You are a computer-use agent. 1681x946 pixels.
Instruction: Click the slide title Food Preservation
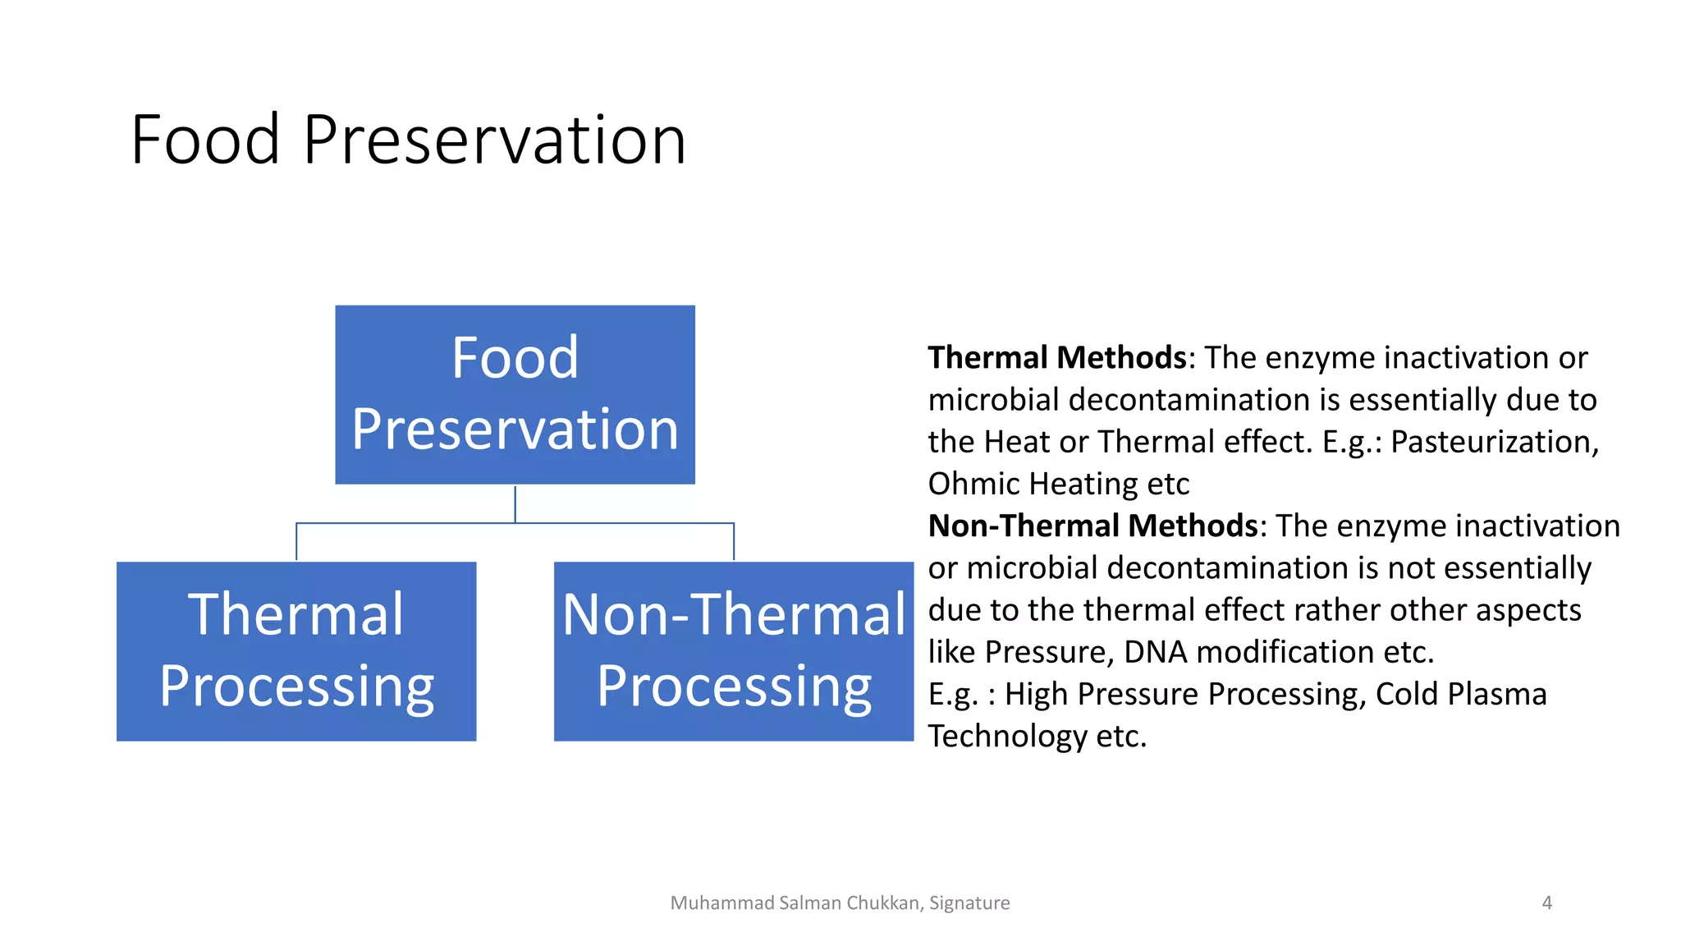pyautogui.click(x=408, y=140)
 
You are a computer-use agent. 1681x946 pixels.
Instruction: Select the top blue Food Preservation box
pyautogui.click(x=515, y=394)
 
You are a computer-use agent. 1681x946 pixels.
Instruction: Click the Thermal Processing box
pyautogui.click(x=296, y=650)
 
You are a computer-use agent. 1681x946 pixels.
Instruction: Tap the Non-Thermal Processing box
pyautogui.click(x=733, y=650)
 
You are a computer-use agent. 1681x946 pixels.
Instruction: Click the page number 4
pyautogui.click(x=1546, y=902)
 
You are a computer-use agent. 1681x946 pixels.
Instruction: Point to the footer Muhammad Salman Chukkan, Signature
pyautogui.click(x=840, y=902)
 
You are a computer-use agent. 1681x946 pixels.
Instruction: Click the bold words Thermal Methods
pyautogui.click(x=1056, y=358)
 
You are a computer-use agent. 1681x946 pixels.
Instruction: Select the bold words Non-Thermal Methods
pyautogui.click(x=1092, y=526)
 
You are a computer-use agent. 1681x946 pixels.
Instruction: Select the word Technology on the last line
pyautogui.click(x=1007, y=736)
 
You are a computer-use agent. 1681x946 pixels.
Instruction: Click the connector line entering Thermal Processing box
pyautogui.click(x=296, y=542)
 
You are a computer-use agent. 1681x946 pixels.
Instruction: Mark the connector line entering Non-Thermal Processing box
pyautogui.click(x=733, y=542)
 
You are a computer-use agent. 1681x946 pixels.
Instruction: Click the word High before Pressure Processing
pyautogui.click(x=1036, y=694)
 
